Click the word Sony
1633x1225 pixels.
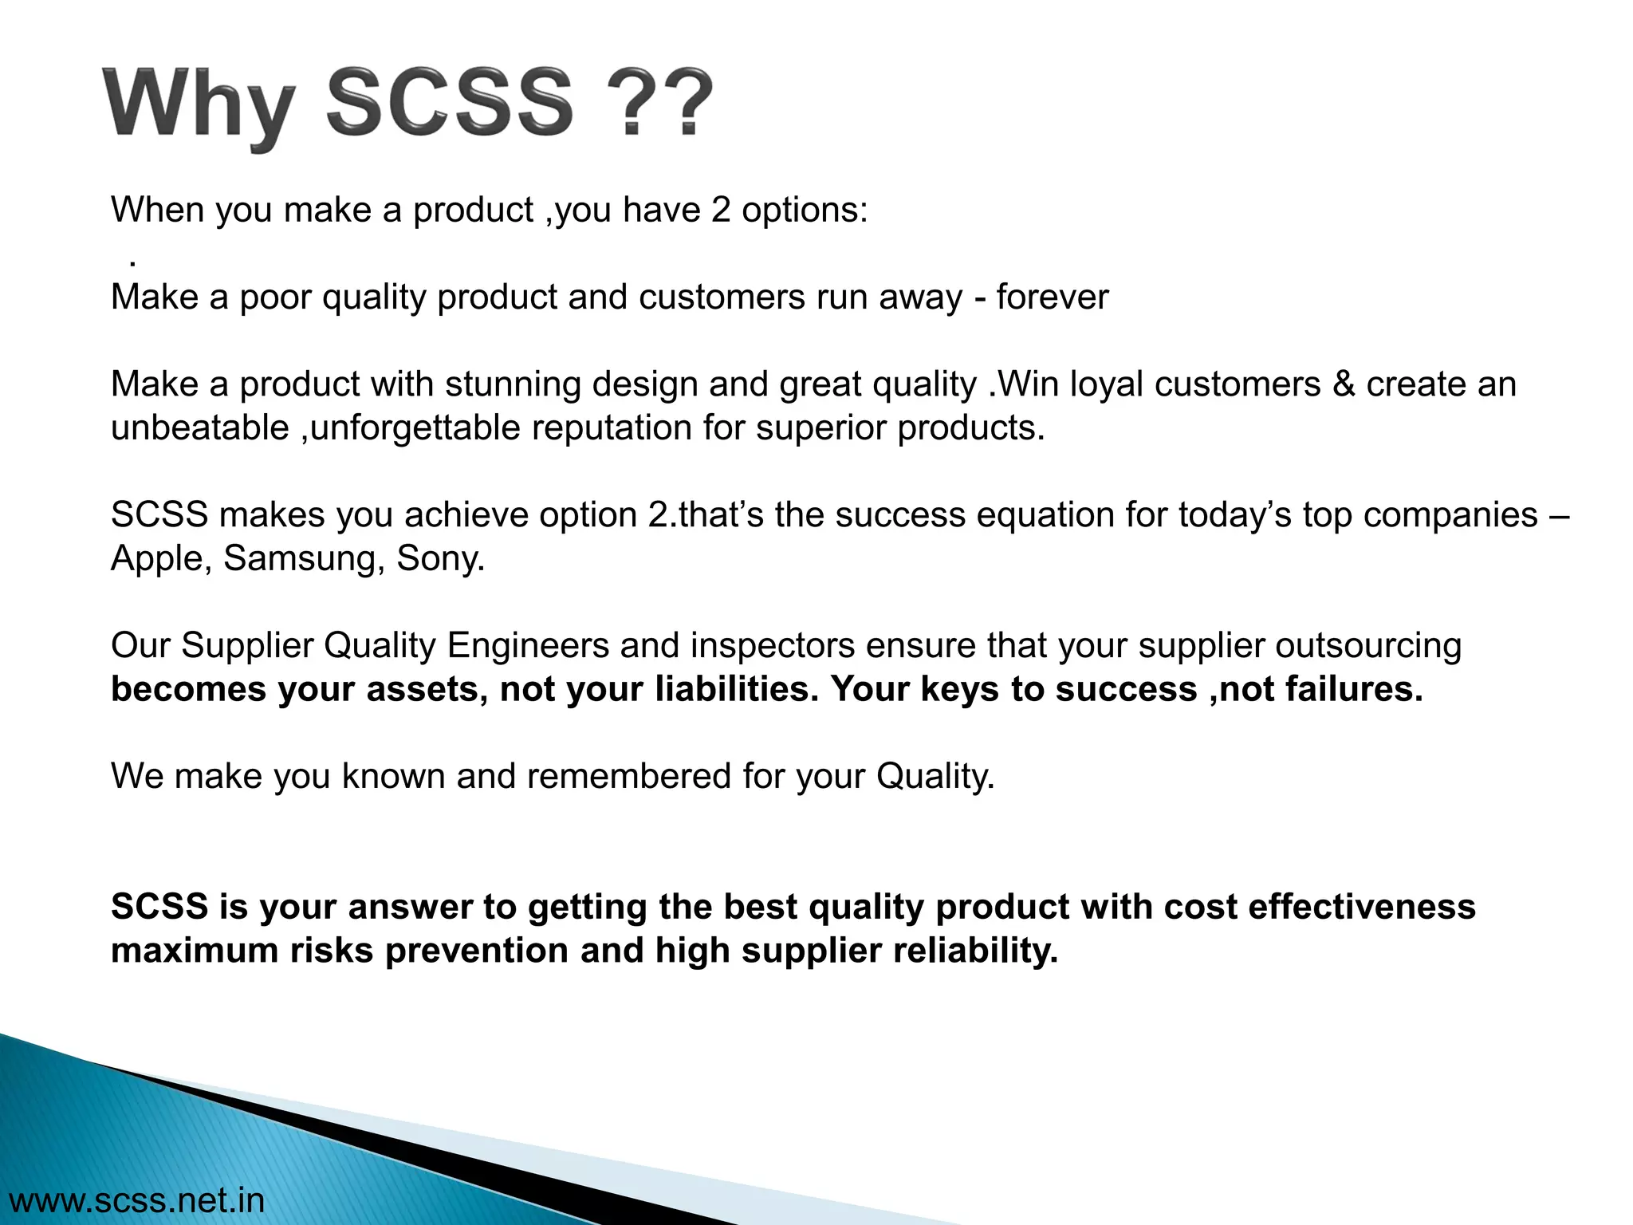(440, 558)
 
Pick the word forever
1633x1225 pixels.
(1052, 297)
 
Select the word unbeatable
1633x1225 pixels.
(199, 428)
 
